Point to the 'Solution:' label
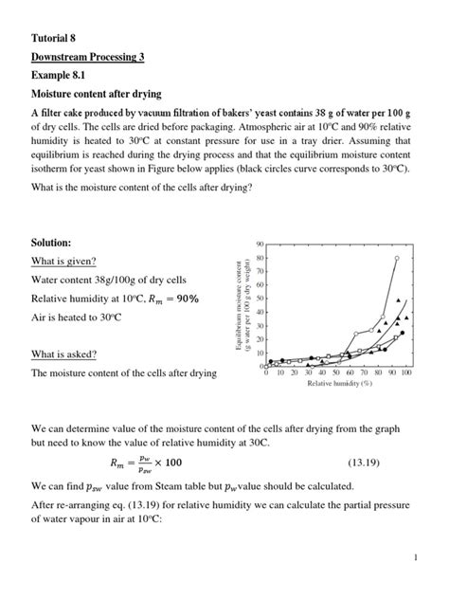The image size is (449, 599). (x=51, y=244)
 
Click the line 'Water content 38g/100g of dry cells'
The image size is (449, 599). (x=109, y=281)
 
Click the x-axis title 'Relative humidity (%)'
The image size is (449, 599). (x=338, y=384)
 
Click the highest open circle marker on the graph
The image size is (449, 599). (x=397, y=257)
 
